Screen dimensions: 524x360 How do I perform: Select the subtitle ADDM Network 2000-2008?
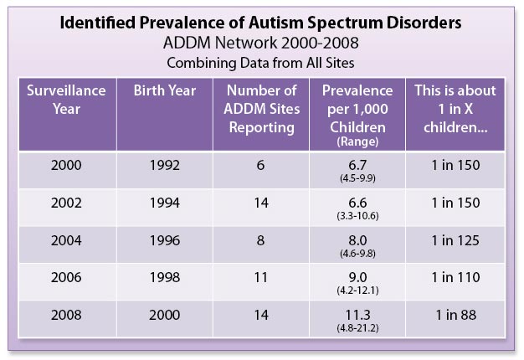[x=261, y=43]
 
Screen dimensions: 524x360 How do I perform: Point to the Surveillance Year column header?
[x=66, y=100]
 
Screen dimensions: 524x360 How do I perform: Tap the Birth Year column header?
[x=165, y=90]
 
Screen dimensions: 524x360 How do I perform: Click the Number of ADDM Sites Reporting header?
[x=262, y=109]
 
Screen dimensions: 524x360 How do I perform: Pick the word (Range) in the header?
[x=357, y=141]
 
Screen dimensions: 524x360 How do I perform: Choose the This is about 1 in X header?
[x=455, y=109]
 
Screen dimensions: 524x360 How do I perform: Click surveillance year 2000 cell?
[x=66, y=165]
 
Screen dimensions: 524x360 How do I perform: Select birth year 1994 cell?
[x=164, y=203]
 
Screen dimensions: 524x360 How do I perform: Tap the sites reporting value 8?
[x=260, y=240]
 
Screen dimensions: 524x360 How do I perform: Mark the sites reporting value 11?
[x=260, y=277]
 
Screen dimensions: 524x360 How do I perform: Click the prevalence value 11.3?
[x=357, y=315]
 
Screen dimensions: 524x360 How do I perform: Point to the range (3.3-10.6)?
[x=357, y=216]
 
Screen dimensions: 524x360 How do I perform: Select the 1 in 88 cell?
[x=456, y=315]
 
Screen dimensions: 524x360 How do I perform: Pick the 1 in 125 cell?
[x=455, y=240]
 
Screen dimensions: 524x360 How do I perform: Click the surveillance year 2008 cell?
[x=66, y=315]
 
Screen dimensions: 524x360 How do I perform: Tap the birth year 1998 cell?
[x=164, y=277]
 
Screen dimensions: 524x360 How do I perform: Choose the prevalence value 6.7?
[x=357, y=165]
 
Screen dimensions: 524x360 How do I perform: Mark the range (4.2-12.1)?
[x=357, y=291]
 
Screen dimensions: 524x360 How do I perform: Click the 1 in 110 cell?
[x=455, y=277]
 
